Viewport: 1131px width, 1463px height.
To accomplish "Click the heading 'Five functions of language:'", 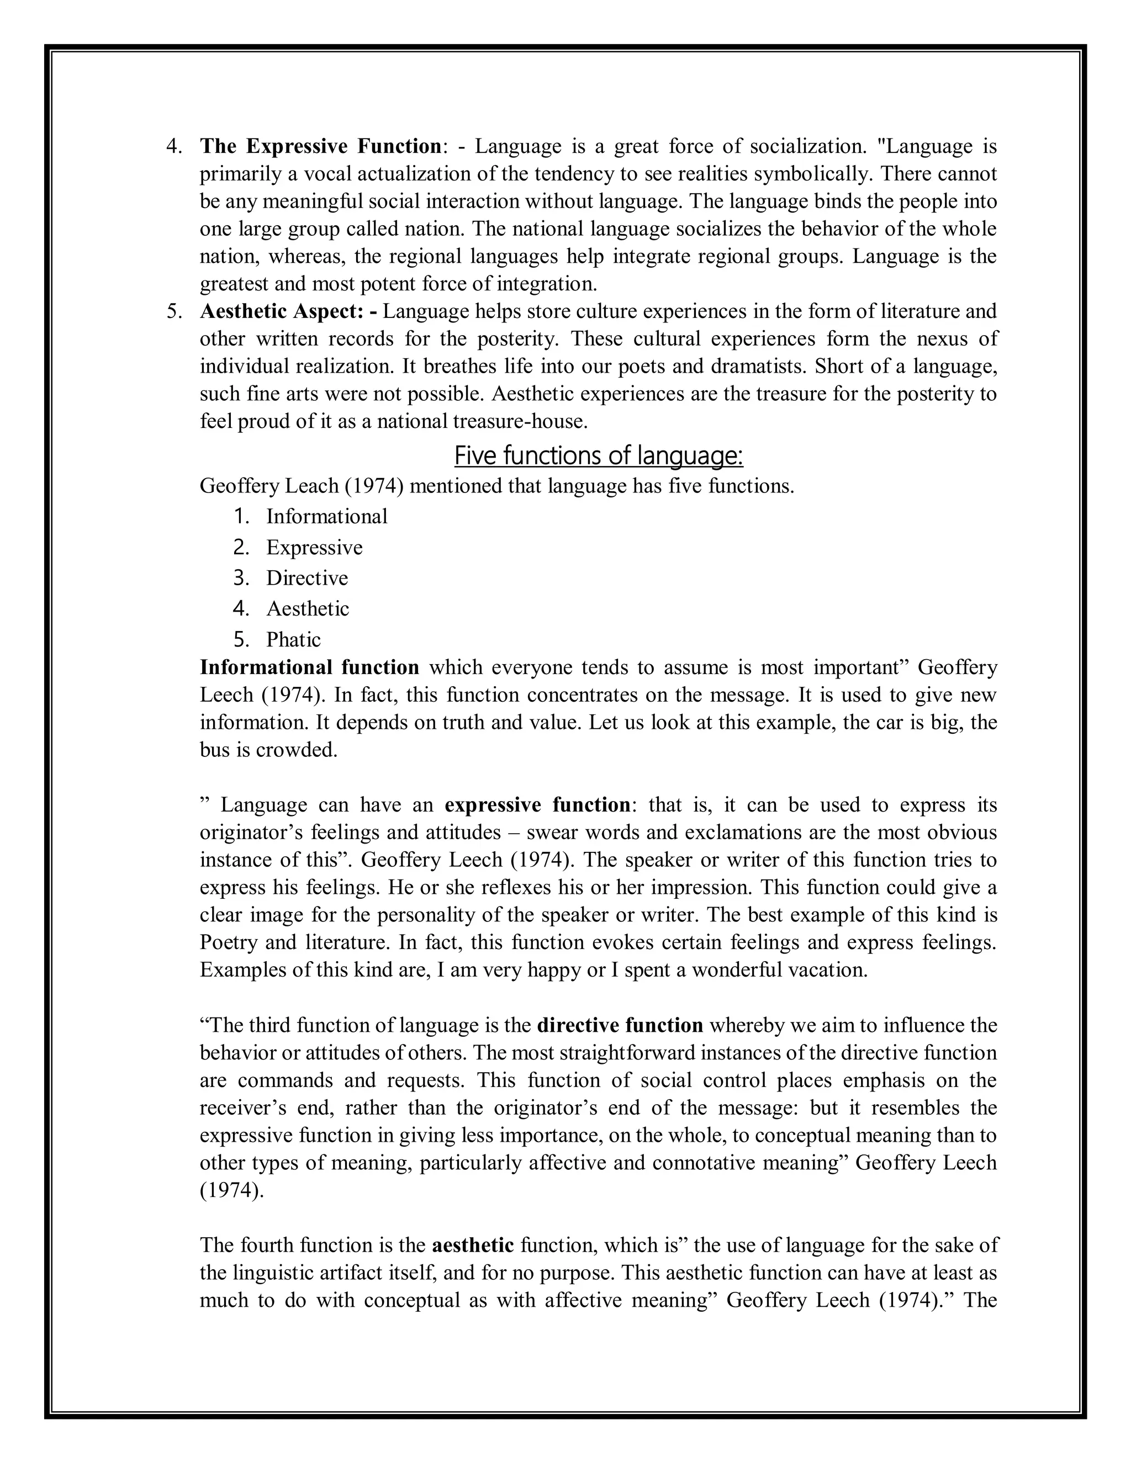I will [x=598, y=456].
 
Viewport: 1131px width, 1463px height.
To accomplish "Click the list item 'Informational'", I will [x=327, y=517].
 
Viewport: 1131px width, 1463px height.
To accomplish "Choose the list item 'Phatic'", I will [x=293, y=640].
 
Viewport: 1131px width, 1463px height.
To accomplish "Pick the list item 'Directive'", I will [x=307, y=578].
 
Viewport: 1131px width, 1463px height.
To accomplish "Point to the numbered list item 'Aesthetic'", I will [x=308, y=609].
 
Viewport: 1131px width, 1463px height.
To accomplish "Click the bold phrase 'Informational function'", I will [x=310, y=668].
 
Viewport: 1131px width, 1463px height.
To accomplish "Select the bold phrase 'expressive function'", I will [x=537, y=804].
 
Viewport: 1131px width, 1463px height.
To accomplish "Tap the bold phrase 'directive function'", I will [x=620, y=1026].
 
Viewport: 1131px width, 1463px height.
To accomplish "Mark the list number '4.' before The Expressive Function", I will [x=173, y=147].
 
